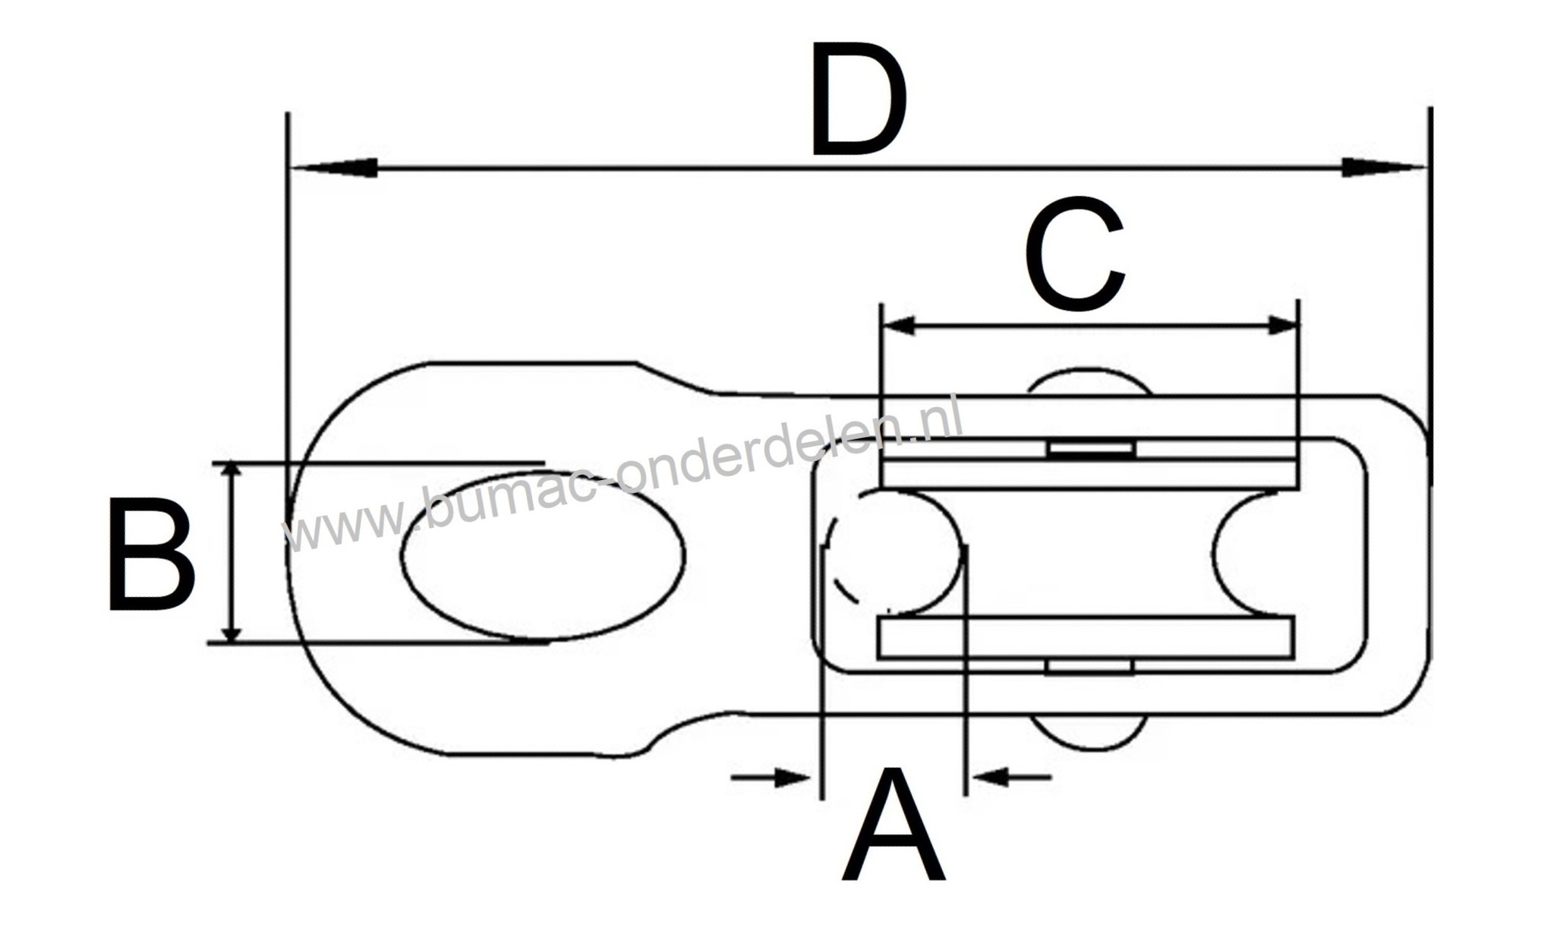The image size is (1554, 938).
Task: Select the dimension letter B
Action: click(150, 554)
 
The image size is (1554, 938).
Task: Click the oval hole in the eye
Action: click(542, 555)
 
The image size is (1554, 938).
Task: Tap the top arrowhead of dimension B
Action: click(232, 475)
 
